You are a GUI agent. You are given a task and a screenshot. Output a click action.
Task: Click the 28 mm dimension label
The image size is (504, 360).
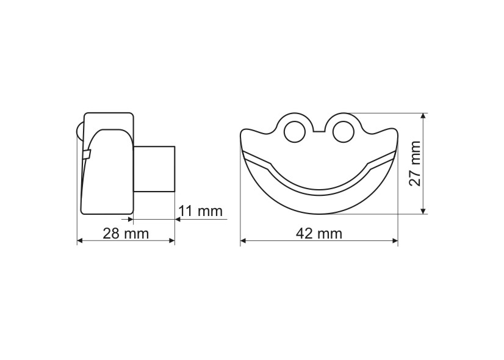coord(126,234)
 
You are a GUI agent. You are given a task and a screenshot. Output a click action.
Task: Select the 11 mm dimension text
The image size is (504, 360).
coord(200,212)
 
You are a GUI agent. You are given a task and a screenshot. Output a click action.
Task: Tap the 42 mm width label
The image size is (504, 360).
coord(320,234)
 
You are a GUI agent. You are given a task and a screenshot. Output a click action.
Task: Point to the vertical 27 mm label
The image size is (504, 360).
coord(414,164)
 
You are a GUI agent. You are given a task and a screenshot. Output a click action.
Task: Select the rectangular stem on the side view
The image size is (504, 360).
coord(154,168)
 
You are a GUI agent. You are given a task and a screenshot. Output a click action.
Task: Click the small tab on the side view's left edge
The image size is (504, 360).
coord(86,154)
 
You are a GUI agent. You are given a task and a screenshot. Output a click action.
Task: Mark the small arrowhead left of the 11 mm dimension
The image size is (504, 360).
coord(129,218)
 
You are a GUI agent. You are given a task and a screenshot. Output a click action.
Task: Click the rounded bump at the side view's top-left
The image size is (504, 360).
coord(79,131)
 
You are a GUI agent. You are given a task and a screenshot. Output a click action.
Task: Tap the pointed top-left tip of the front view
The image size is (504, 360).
coord(243,131)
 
